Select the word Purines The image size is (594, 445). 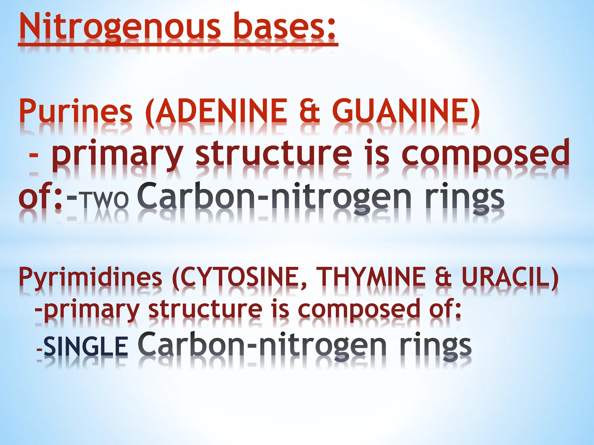click(x=76, y=112)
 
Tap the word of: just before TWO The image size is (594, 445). click(x=40, y=198)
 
